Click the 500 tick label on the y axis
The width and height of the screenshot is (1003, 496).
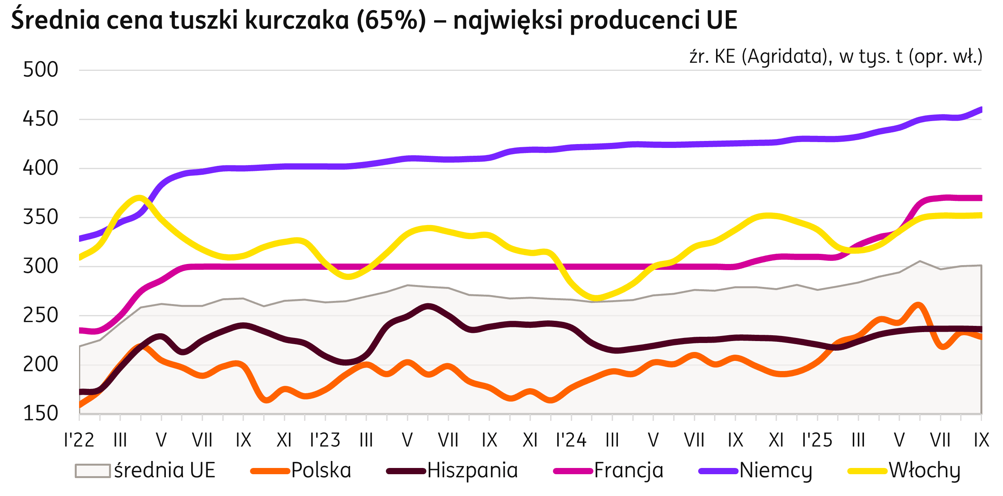point(40,70)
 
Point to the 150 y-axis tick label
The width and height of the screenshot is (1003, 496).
point(40,413)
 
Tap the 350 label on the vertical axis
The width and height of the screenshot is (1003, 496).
point(40,217)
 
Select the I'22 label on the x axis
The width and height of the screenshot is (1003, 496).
point(79,440)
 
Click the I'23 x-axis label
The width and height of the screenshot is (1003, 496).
point(325,440)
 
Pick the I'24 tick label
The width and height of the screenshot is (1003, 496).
point(571,440)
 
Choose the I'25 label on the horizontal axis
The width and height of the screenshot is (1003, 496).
point(817,440)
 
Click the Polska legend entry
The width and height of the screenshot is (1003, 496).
point(321,470)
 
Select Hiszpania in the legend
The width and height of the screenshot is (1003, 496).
point(473,470)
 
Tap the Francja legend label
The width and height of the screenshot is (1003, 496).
point(628,470)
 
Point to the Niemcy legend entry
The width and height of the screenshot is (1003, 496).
point(776,470)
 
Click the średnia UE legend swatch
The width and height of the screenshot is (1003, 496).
point(93,471)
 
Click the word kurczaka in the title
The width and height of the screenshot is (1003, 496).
point(297,20)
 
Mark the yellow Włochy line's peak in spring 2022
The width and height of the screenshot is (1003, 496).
point(139,197)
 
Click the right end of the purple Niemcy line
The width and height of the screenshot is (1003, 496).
point(980,109)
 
